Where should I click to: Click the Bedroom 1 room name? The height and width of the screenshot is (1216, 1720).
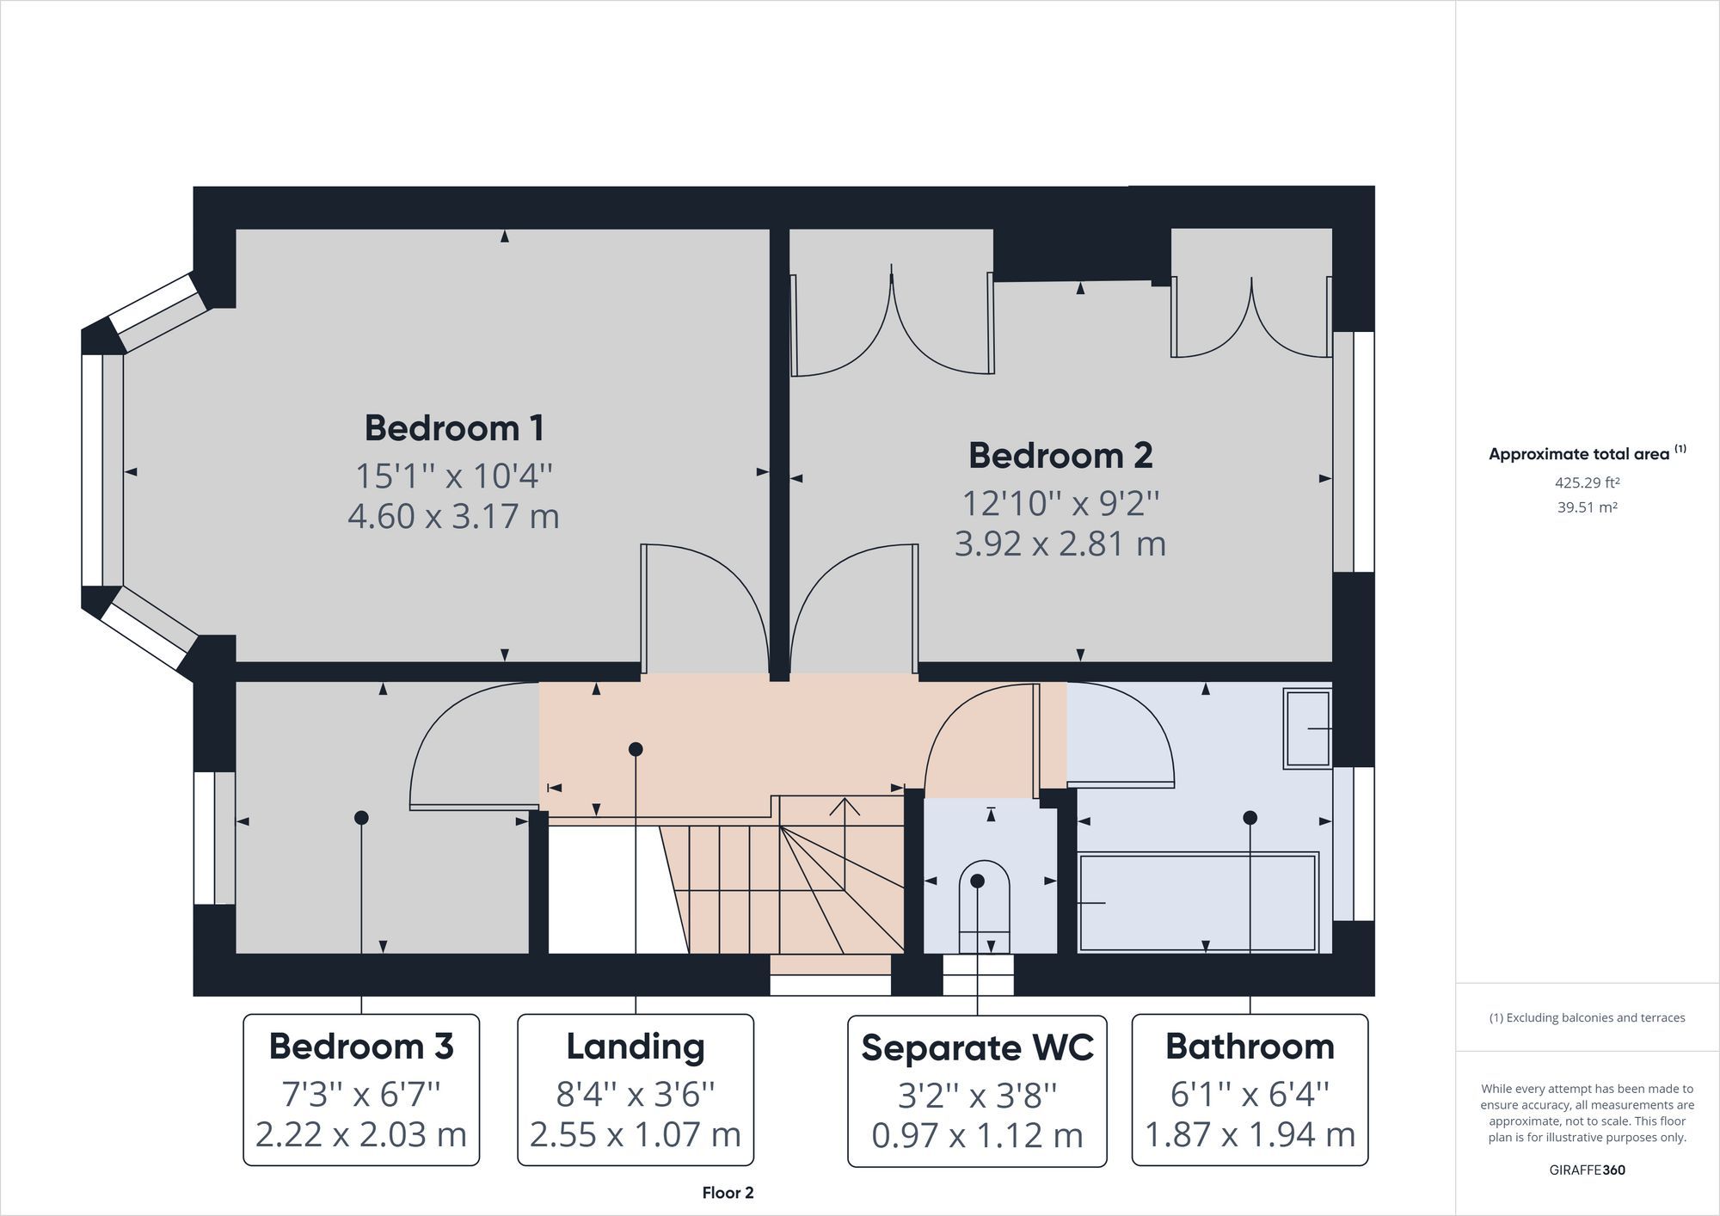tap(454, 428)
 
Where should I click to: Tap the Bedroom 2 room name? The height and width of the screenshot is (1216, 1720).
tap(1060, 456)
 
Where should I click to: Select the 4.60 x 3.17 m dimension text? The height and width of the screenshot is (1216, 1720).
tap(454, 516)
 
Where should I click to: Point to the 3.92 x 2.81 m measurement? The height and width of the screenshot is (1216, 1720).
tap(1060, 544)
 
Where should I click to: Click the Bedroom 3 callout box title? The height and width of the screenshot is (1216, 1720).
tap(361, 1047)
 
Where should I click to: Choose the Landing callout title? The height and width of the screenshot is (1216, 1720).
tap(636, 1047)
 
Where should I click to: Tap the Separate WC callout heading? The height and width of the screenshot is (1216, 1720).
tap(978, 1047)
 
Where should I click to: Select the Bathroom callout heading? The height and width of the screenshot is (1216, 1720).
tap(1250, 1047)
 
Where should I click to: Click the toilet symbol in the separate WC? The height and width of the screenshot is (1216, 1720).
tap(985, 907)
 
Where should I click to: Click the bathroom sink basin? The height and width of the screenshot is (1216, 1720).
tap(1307, 728)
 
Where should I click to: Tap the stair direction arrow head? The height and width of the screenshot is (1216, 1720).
tap(845, 807)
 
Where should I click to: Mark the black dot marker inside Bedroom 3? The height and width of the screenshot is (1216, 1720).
tap(361, 817)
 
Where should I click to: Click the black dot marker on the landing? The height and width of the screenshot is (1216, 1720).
tap(636, 749)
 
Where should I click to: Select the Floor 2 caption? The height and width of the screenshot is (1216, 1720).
tap(728, 1193)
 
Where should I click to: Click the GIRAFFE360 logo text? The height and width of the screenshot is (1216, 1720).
tap(1587, 1170)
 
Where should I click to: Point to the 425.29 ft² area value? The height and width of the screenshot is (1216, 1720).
tap(1587, 482)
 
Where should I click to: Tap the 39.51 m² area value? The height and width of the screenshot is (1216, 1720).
tap(1587, 507)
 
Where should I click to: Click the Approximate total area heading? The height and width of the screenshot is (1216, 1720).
tap(1587, 453)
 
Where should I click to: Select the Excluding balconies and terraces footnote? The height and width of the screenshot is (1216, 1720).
tap(1587, 1018)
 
